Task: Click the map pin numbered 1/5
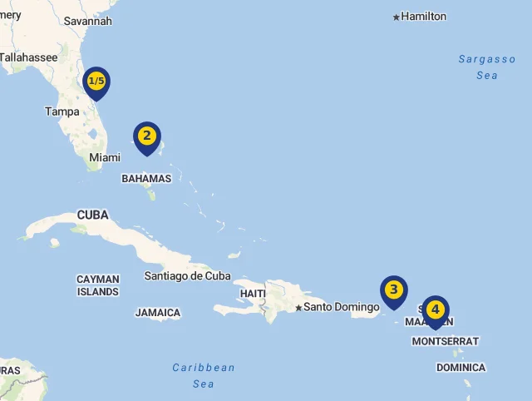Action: coord(96,82)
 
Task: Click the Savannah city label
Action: coord(87,21)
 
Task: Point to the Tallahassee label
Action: coord(28,57)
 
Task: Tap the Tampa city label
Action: coord(62,111)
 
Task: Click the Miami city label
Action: coord(105,157)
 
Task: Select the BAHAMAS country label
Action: coord(146,178)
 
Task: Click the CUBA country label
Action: coord(93,215)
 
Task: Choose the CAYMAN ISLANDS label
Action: coord(98,285)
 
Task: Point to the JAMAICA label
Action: coord(158,313)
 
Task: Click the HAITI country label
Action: coord(253,294)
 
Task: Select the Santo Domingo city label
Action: coord(341,307)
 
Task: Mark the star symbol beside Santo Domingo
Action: coord(298,308)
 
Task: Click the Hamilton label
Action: coord(423,17)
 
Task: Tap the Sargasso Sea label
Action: coord(487,67)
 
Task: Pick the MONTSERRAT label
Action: coord(445,341)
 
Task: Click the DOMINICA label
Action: coord(461,367)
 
